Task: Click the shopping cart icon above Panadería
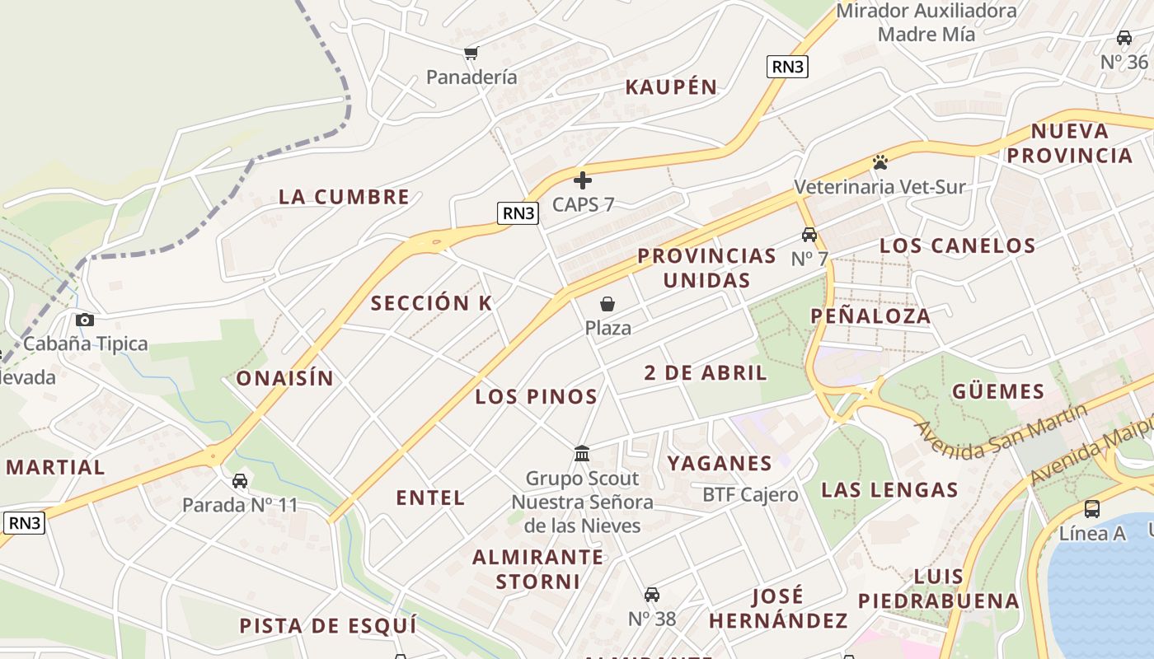pyautogui.click(x=471, y=54)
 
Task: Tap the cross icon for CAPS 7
pyautogui.click(x=583, y=180)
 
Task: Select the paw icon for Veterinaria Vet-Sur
pyautogui.click(x=880, y=161)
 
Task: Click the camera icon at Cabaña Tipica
pyautogui.click(x=84, y=320)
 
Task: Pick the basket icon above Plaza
pyautogui.click(x=607, y=304)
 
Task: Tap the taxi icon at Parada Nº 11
pyautogui.click(x=240, y=480)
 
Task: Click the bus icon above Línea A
pyautogui.click(x=1092, y=508)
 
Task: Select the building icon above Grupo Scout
pyautogui.click(x=582, y=453)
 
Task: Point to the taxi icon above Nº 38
pyautogui.click(x=652, y=594)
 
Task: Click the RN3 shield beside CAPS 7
pyautogui.click(x=518, y=213)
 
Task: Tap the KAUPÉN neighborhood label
pyautogui.click(x=671, y=87)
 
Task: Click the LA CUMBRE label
pyautogui.click(x=344, y=197)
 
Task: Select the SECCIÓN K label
pyautogui.click(x=431, y=303)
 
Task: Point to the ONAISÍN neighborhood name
pyautogui.click(x=285, y=378)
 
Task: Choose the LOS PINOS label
pyautogui.click(x=536, y=396)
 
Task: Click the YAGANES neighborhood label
pyautogui.click(x=720, y=463)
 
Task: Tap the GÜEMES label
pyautogui.click(x=998, y=391)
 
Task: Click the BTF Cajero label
pyautogui.click(x=750, y=494)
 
